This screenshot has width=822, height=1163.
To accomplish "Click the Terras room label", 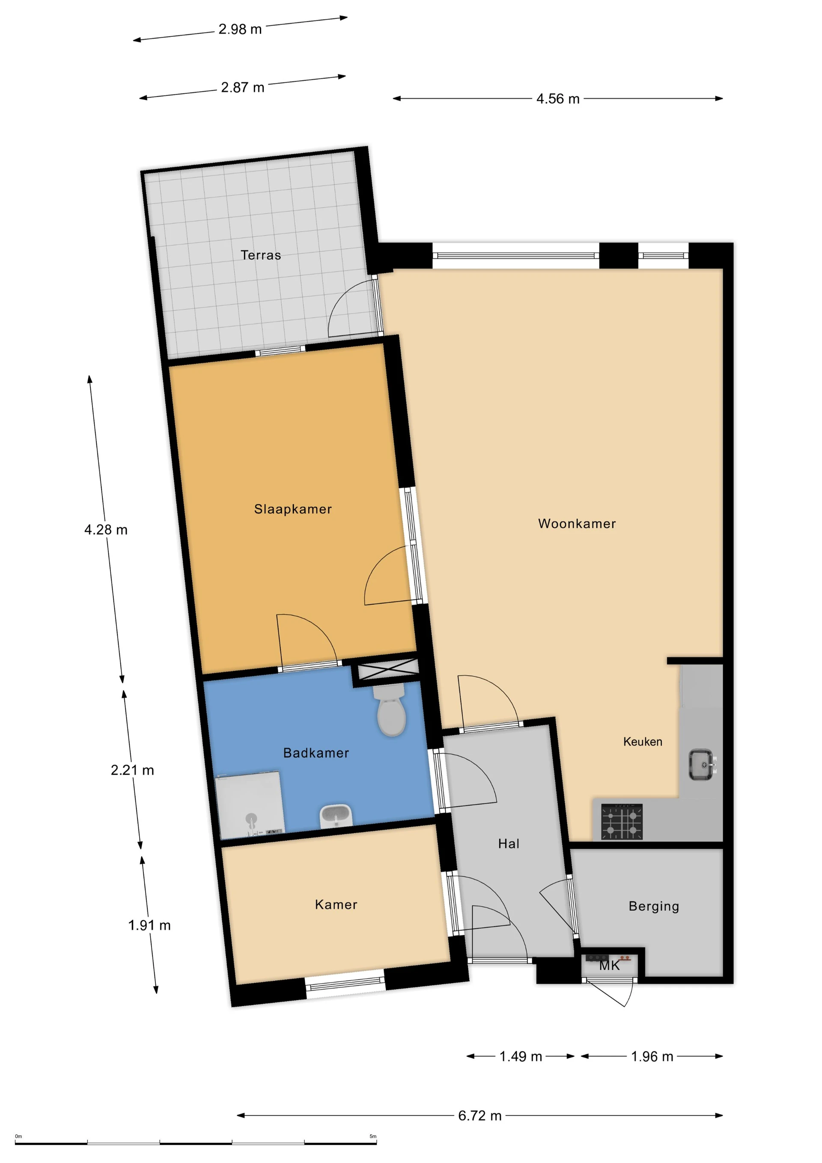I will (x=260, y=255).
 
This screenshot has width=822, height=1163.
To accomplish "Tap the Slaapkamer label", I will (x=293, y=509).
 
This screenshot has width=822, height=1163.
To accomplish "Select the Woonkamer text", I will (x=576, y=523).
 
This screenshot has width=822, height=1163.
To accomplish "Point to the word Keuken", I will (x=642, y=742).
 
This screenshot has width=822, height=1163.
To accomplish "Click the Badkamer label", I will (x=316, y=753).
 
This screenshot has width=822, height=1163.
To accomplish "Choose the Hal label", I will (x=509, y=844).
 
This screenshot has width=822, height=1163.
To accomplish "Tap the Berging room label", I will (x=653, y=906).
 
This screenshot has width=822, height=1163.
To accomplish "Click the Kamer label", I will (x=336, y=905).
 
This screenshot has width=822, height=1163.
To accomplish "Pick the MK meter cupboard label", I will (x=609, y=966).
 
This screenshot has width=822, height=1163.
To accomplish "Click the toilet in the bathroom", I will (x=391, y=710).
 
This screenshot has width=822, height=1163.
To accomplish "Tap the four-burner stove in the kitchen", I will (x=622, y=821).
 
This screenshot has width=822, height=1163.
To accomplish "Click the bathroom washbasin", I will (x=335, y=815).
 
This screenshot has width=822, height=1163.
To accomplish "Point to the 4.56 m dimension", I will (x=557, y=99).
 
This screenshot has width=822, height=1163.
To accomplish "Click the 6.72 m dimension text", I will (x=479, y=1115).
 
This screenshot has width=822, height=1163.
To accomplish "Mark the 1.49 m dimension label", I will (x=521, y=1056).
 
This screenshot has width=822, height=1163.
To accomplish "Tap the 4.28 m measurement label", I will (x=106, y=530).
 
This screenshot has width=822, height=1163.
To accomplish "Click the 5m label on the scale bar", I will (x=373, y=1136).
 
